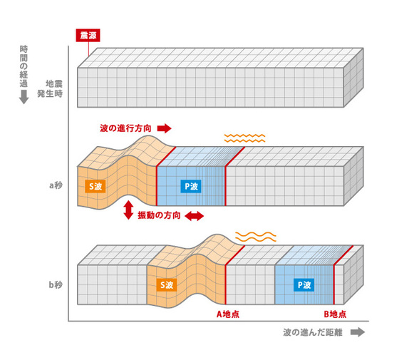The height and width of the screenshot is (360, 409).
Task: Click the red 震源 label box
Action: (x=88, y=36)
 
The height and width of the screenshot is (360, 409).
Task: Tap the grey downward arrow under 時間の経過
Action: (x=24, y=97)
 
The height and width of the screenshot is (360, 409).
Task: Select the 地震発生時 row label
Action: (x=50, y=88)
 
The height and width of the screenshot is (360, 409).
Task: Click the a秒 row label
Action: (x=56, y=185)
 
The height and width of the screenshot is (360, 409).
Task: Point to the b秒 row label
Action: (x=56, y=284)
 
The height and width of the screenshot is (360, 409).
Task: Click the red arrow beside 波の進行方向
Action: (x=165, y=128)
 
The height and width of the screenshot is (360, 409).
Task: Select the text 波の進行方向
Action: (x=125, y=128)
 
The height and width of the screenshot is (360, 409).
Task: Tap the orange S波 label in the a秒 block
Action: (x=95, y=186)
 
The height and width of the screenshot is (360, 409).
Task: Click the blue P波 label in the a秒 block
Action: (x=191, y=186)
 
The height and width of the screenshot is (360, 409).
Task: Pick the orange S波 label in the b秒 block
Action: (x=167, y=285)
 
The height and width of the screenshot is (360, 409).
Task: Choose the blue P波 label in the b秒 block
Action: (x=304, y=285)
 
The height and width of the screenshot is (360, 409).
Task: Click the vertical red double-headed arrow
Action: (x=128, y=210)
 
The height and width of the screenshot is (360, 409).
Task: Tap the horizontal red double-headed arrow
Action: (x=194, y=216)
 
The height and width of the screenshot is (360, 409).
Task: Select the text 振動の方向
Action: (x=159, y=215)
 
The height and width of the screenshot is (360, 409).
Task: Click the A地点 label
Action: (x=228, y=314)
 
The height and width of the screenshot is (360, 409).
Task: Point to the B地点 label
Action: (x=335, y=314)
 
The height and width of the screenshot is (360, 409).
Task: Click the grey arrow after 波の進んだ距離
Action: (x=358, y=332)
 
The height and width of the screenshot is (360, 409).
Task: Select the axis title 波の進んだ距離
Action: (x=313, y=332)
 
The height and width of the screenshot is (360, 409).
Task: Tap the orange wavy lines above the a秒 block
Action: (x=244, y=138)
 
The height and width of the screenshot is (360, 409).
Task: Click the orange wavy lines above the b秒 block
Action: (x=256, y=237)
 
